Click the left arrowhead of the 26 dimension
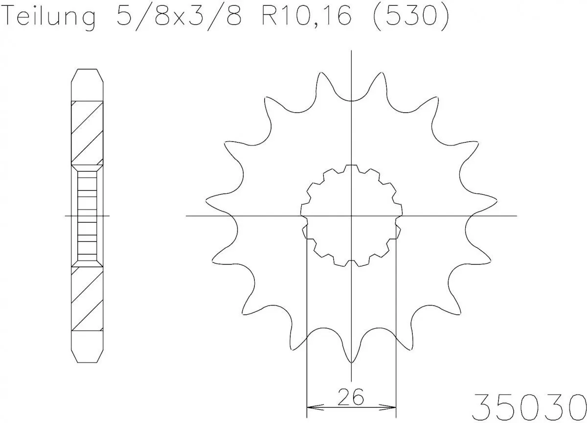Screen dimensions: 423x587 (310, 407)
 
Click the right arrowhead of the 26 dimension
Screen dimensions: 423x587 (391, 407)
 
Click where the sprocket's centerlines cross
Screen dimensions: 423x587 (351, 215)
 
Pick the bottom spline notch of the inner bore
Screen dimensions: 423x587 (351, 263)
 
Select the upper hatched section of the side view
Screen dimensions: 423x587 (88, 132)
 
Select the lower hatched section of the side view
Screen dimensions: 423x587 (88, 299)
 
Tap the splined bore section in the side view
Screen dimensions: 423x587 (88, 215)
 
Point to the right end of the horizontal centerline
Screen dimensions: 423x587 (516, 215)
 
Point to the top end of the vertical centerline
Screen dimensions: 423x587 (351, 52)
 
